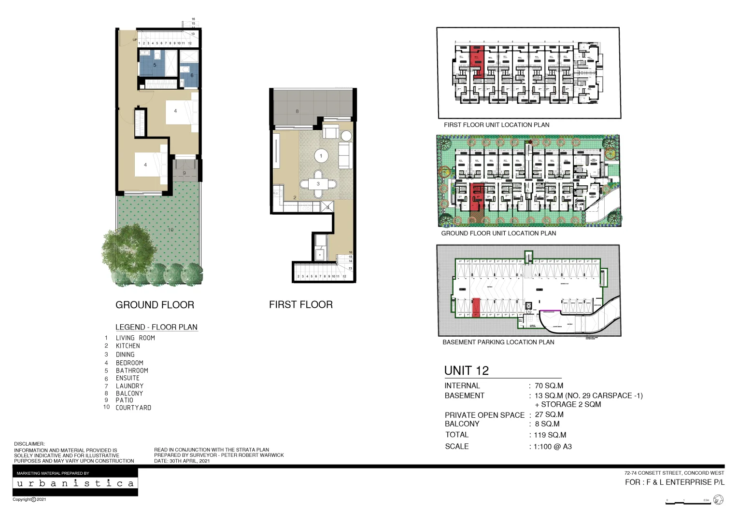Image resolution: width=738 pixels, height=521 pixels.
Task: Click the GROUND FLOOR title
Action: (155, 305)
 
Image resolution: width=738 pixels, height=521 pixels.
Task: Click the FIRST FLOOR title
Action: (300, 304)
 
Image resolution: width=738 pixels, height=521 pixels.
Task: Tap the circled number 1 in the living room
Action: (321, 156)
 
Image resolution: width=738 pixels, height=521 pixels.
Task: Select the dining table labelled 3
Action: (318, 184)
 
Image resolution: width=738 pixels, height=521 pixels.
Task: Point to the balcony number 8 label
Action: (297, 111)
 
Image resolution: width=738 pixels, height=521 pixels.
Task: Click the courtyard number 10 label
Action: (170, 230)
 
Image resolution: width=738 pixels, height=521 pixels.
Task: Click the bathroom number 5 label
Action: (155, 65)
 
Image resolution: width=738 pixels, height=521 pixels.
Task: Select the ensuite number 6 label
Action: (191, 75)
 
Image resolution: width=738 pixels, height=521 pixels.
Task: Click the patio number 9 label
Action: (184, 173)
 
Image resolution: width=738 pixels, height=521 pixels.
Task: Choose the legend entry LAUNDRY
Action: (129, 386)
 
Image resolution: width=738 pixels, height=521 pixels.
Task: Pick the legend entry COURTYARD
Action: (133, 408)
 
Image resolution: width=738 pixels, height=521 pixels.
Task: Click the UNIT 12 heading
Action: (466, 370)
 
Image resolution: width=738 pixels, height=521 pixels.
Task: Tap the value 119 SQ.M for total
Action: (550, 435)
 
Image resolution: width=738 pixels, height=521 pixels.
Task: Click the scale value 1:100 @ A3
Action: (553, 447)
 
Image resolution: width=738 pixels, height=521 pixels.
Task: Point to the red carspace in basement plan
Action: (476, 307)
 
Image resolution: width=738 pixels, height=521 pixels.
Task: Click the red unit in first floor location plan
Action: (477, 61)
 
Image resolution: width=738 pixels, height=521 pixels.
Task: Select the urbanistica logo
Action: (75, 483)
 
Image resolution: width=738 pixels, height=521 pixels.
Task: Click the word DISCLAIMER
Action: (29, 444)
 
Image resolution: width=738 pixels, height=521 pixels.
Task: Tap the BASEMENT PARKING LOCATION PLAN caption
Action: (498, 342)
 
